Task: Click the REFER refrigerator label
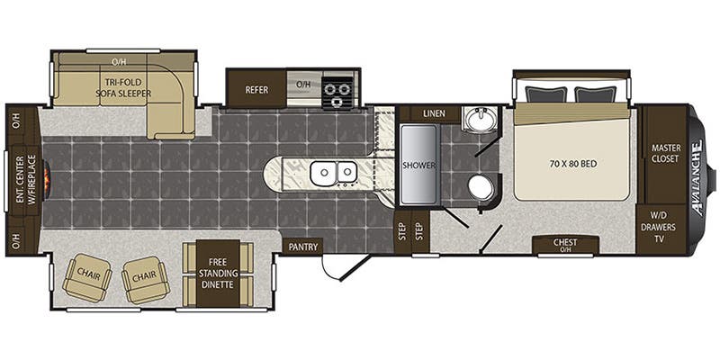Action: point(256,90)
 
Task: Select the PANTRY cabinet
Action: point(302,247)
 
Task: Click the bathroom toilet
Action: point(481,189)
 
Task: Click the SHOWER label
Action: point(418,165)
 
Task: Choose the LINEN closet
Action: point(434,113)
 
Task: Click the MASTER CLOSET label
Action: point(666,153)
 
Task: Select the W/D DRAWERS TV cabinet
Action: point(661,229)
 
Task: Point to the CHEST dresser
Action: point(565,245)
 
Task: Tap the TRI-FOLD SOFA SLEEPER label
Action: point(123,87)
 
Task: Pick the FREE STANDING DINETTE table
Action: point(218,274)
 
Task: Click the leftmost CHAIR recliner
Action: point(87,277)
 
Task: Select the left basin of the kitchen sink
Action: point(324,173)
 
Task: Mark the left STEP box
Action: point(402,231)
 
